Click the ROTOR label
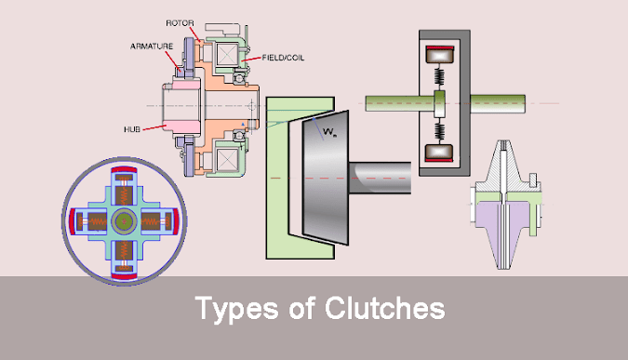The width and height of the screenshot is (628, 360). click(180, 20)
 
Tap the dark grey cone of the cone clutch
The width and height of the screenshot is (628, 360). click(316, 172)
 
